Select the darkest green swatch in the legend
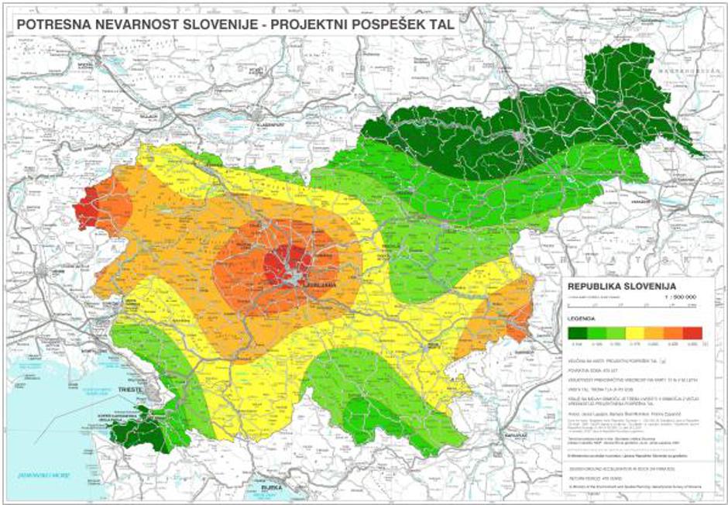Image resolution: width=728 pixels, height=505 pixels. (577, 332)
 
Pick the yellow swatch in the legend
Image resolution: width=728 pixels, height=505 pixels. (635, 332)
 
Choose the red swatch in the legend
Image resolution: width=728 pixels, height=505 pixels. (692, 332)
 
